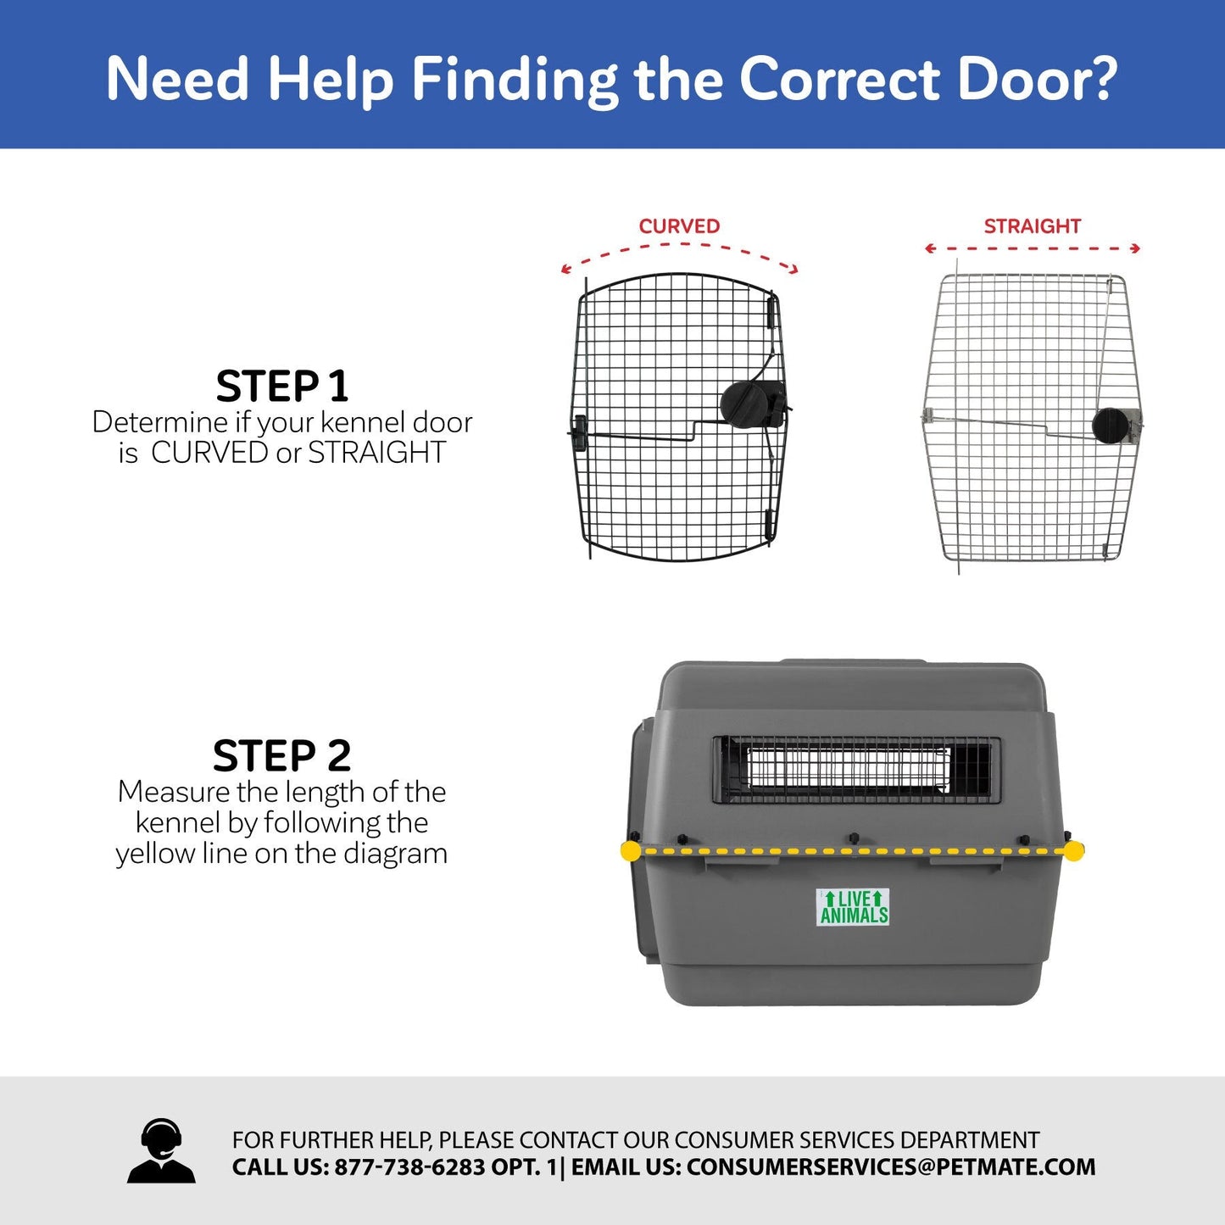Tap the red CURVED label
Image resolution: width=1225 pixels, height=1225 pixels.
click(679, 226)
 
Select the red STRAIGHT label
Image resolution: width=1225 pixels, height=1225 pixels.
click(1032, 226)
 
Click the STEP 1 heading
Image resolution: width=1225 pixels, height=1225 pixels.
click(281, 387)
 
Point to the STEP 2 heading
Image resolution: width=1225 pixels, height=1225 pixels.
click(281, 755)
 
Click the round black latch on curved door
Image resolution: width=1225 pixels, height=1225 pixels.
click(743, 403)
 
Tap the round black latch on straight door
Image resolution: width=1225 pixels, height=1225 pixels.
click(1111, 426)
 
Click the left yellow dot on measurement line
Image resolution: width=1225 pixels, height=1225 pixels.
click(631, 851)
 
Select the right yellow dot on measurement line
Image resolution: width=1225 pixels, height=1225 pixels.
click(1073, 851)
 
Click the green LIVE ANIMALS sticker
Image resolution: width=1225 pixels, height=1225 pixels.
click(853, 907)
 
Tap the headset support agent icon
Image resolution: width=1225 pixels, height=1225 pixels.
click(161, 1151)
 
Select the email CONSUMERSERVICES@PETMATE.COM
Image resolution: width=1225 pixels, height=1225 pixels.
click(890, 1167)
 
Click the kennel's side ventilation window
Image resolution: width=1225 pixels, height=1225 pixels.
click(856, 770)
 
